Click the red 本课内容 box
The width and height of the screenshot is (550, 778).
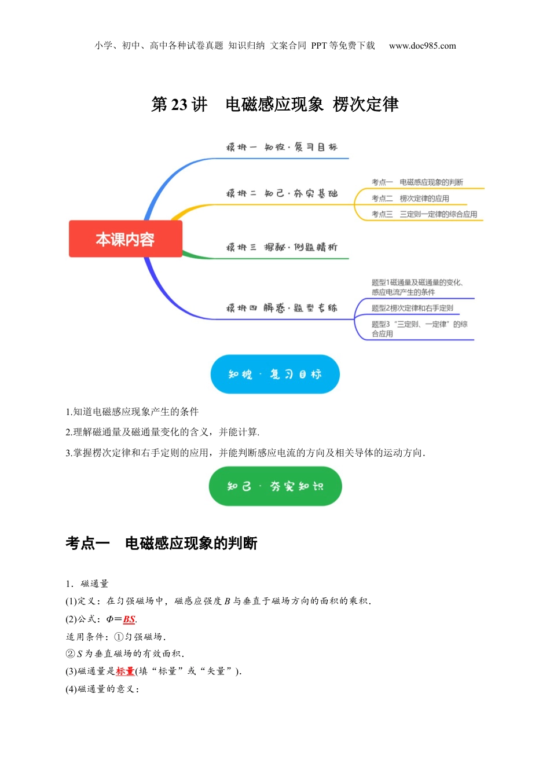click(x=126, y=238)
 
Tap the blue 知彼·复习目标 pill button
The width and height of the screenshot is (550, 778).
click(x=275, y=374)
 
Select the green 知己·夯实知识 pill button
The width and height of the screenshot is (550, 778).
click(x=275, y=486)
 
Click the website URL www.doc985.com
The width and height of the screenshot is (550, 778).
click(x=423, y=46)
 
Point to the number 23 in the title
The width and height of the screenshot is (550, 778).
click(x=179, y=104)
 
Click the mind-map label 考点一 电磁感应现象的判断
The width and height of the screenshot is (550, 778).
click(x=417, y=182)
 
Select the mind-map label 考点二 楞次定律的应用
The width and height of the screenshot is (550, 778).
click(x=410, y=199)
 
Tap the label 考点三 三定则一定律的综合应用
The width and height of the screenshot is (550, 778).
click(x=424, y=214)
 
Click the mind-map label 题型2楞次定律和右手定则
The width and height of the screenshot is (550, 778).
click(x=412, y=308)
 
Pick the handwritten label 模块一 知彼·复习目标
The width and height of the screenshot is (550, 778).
click(x=282, y=147)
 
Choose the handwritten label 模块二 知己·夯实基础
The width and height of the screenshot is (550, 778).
click(x=282, y=193)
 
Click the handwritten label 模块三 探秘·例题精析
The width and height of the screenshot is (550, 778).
click(x=282, y=247)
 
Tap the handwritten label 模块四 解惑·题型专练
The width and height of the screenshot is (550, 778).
click(x=282, y=308)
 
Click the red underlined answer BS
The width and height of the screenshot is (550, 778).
click(x=129, y=619)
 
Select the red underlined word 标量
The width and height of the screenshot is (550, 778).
click(x=125, y=671)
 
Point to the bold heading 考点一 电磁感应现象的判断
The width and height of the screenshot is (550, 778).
click(x=162, y=543)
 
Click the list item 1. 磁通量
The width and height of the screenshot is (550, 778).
click(x=87, y=583)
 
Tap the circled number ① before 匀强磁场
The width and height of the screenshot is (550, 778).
click(x=119, y=637)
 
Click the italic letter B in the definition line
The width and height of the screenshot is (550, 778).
click(x=227, y=601)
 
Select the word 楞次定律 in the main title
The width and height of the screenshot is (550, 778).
click(x=365, y=104)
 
